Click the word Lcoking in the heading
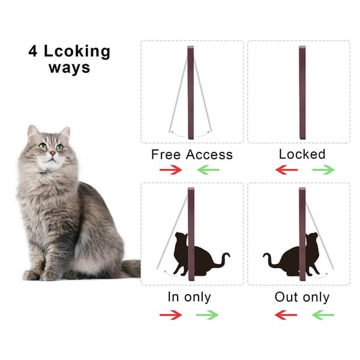(x=77, y=52)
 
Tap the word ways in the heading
(x=70, y=68)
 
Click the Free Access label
(x=192, y=154)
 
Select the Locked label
(x=302, y=154)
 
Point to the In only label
(x=190, y=297)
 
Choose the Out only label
(x=302, y=297)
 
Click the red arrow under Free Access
(x=171, y=170)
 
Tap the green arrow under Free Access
(x=208, y=170)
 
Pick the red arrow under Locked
(x=286, y=170)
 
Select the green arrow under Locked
(x=324, y=170)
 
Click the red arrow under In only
(x=171, y=315)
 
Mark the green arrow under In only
(x=207, y=315)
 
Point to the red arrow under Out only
(x=286, y=315)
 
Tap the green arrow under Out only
(x=323, y=315)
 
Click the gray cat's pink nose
(x=53, y=153)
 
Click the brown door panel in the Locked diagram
(x=302, y=93)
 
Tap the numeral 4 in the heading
(x=33, y=51)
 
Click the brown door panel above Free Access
(x=191, y=93)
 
